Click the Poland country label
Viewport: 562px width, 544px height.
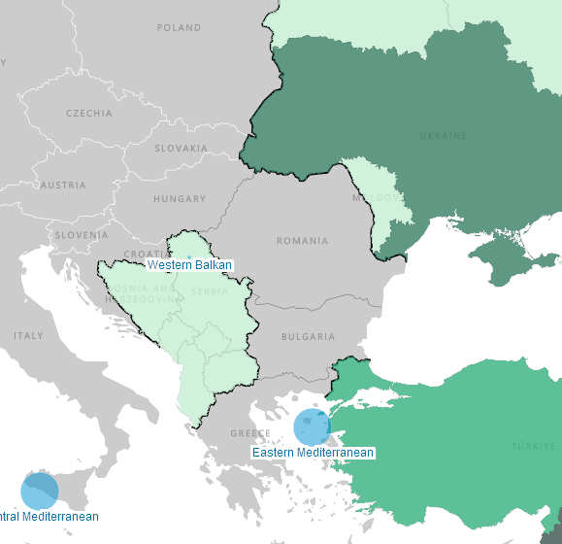[179, 28]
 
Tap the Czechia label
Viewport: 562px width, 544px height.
[88, 113]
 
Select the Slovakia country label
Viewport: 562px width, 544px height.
[181, 149]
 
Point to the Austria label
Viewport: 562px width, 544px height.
[63, 185]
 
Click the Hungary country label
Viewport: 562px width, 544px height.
[180, 199]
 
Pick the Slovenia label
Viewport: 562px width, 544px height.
[82, 235]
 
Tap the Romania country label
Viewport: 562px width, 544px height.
[302, 241]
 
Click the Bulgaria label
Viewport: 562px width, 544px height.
[308, 337]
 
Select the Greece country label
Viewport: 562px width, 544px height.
[250, 433]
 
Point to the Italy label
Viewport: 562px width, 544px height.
[28, 336]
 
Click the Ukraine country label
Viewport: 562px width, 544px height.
[443, 136]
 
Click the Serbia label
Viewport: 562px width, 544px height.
[211, 291]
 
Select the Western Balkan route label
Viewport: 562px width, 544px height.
[189, 264]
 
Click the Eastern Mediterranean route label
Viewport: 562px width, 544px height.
[313, 453]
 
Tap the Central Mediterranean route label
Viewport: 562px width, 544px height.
[49, 517]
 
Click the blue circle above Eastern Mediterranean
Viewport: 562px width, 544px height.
[312, 426]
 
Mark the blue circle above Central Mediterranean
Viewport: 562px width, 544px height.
[39, 492]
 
